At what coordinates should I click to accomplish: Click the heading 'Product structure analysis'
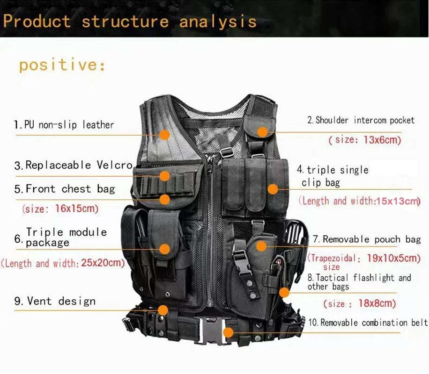pos(130,22)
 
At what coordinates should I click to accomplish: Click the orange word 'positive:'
pos(62,65)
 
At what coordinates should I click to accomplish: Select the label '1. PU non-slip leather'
pos(64,125)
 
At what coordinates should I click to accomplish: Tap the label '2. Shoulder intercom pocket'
pos(361,121)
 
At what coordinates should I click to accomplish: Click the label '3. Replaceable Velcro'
pos(74,165)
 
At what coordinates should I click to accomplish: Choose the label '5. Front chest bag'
pos(65,189)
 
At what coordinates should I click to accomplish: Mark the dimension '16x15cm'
pos(77,209)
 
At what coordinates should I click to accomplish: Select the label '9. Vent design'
pos(55,302)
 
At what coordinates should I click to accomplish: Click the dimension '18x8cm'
pos(377,303)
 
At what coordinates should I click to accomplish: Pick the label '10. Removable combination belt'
pos(368,323)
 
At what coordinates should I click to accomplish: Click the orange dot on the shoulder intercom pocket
pos(263,132)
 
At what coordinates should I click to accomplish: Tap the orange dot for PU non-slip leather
pos(164,135)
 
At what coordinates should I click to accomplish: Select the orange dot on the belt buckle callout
pos(228,332)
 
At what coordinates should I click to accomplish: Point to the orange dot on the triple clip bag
pos(272,189)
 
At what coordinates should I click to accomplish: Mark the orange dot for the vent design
pos(163,310)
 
